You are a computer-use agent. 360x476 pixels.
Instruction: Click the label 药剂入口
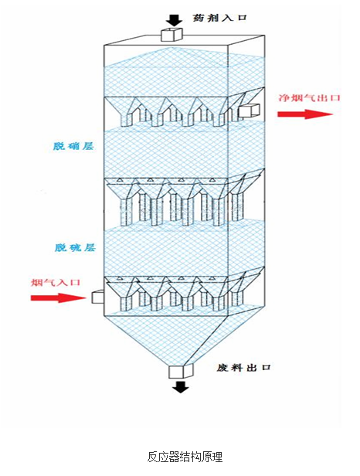click(219, 18)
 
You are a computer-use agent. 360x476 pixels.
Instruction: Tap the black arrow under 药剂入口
click(175, 20)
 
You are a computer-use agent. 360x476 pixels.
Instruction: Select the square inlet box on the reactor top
click(172, 34)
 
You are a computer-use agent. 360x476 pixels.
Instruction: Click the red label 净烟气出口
click(309, 98)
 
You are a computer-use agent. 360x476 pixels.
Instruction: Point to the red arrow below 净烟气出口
click(305, 114)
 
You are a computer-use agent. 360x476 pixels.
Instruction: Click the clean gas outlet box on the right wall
click(250, 110)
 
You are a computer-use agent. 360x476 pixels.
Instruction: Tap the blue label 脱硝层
click(73, 146)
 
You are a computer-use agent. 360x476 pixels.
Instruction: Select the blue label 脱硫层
click(75, 247)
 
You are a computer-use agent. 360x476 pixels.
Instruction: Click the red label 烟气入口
click(56, 282)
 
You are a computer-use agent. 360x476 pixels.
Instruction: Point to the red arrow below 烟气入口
click(58, 297)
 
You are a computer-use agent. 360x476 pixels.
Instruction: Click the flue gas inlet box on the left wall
click(98, 297)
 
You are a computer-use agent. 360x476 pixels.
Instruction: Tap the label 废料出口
click(243, 368)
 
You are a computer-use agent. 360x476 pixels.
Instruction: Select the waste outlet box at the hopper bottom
click(182, 371)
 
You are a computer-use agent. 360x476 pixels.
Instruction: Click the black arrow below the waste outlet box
click(181, 386)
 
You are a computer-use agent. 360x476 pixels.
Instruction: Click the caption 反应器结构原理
click(185, 457)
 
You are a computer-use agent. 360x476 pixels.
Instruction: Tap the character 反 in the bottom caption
click(153, 457)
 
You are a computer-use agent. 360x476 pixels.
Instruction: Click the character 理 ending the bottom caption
click(217, 457)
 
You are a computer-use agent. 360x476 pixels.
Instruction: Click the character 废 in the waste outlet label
click(222, 368)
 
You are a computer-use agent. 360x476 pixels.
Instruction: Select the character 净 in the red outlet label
click(284, 98)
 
